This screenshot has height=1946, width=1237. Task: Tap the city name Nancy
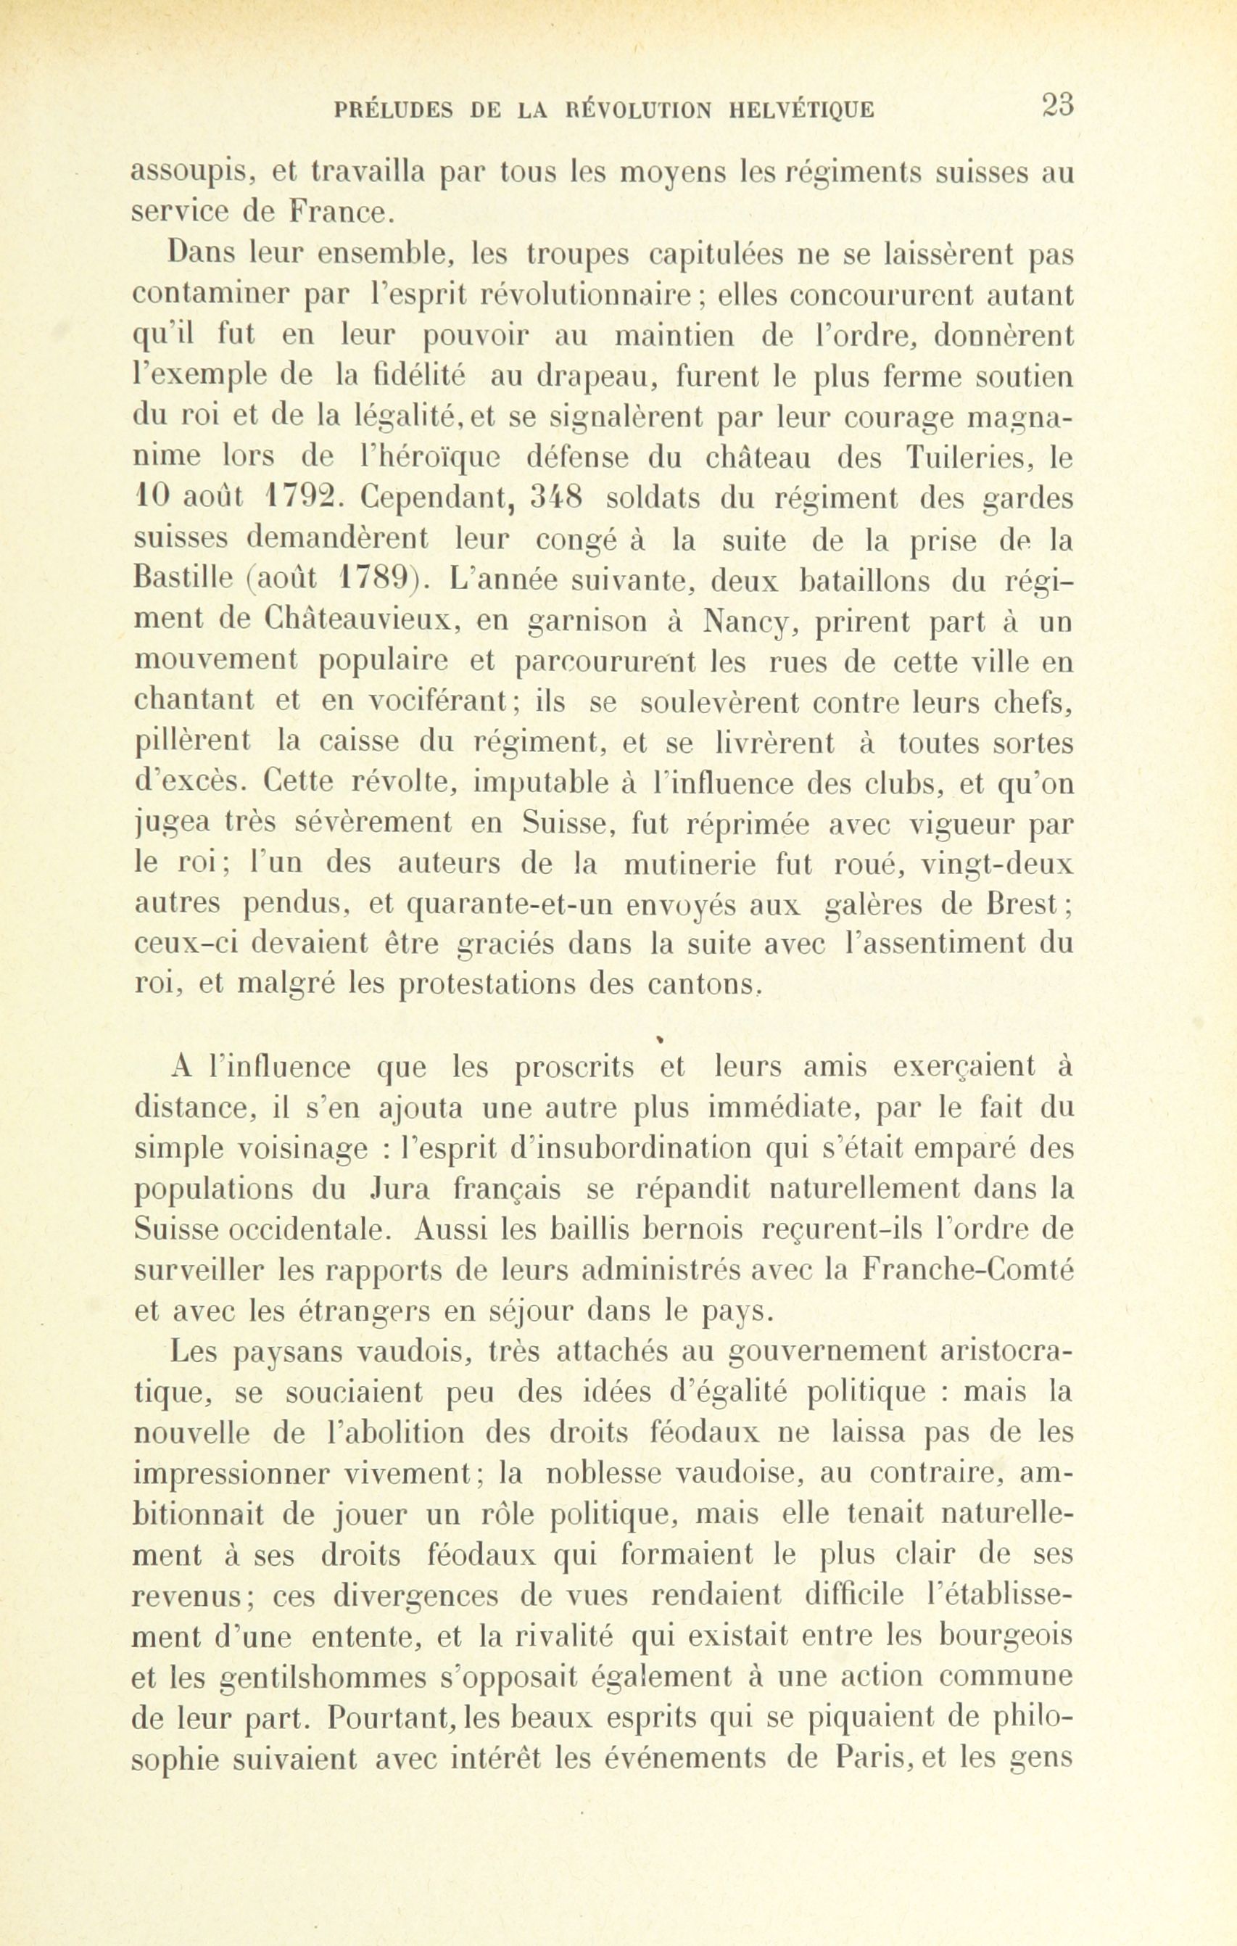(741, 622)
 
